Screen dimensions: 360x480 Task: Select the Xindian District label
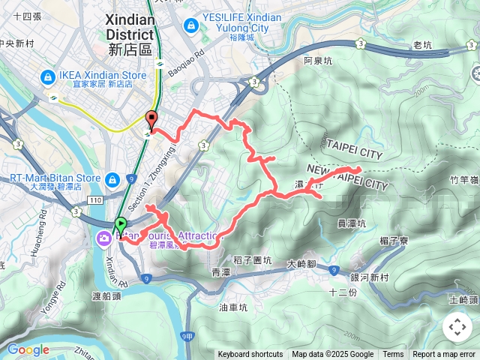coord(129,34)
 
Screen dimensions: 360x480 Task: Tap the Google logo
coord(28,349)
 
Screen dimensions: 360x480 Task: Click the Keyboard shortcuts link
coord(250,355)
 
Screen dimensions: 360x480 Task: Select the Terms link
coord(393,355)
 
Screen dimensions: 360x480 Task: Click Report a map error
coord(444,355)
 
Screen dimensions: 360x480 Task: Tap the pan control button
coord(457,327)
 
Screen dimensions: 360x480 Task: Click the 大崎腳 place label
coord(304,264)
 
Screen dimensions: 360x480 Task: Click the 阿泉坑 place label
coord(317,60)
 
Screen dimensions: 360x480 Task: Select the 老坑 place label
coord(422,45)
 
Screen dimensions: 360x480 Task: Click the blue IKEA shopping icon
coord(47,76)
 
